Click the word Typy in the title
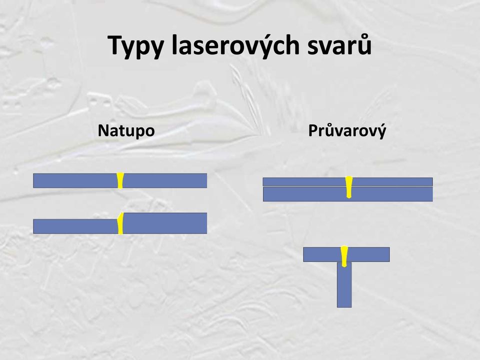click(x=135, y=46)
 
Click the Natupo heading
click(x=126, y=130)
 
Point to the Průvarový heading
click(x=347, y=130)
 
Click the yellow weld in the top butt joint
click(x=120, y=180)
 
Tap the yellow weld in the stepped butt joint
click(x=120, y=223)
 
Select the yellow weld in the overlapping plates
click(x=348, y=187)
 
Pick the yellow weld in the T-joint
click(x=344, y=256)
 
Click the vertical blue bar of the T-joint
click(x=344, y=284)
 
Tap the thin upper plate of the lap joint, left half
click(x=304, y=182)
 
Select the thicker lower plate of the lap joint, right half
click(x=392, y=194)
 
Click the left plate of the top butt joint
click(x=75, y=180)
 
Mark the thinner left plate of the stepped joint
click(x=75, y=226)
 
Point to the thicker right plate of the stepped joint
click(x=165, y=223)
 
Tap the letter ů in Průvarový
click(x=329, y=130)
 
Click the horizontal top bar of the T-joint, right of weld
click(x=368, y=254)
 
